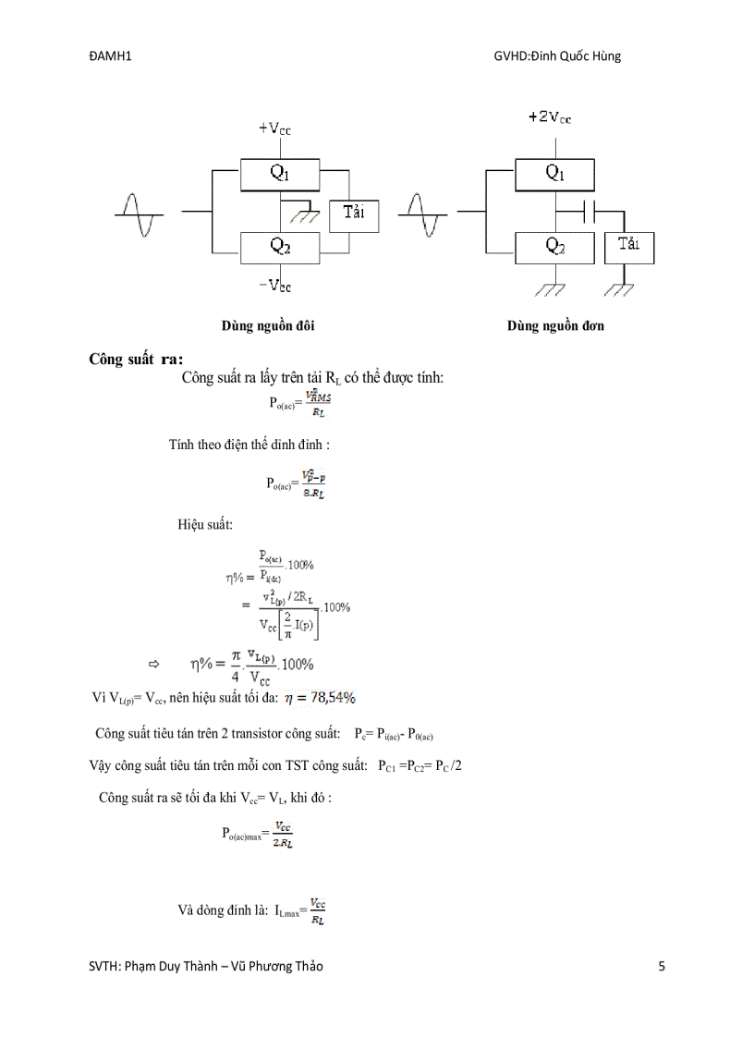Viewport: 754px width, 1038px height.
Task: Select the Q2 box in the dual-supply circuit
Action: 280,246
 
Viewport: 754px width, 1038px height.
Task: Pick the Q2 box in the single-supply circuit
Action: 554,246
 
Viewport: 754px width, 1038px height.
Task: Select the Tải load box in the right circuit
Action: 628,246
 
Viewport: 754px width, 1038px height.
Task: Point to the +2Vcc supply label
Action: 549,117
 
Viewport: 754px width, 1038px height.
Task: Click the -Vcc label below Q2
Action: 275,285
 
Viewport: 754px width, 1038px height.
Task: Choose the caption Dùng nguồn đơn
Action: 555,326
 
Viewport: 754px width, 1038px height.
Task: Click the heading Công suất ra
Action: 136,359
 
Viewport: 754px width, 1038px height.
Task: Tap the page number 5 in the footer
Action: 661,967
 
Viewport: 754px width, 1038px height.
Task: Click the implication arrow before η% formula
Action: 154,664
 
